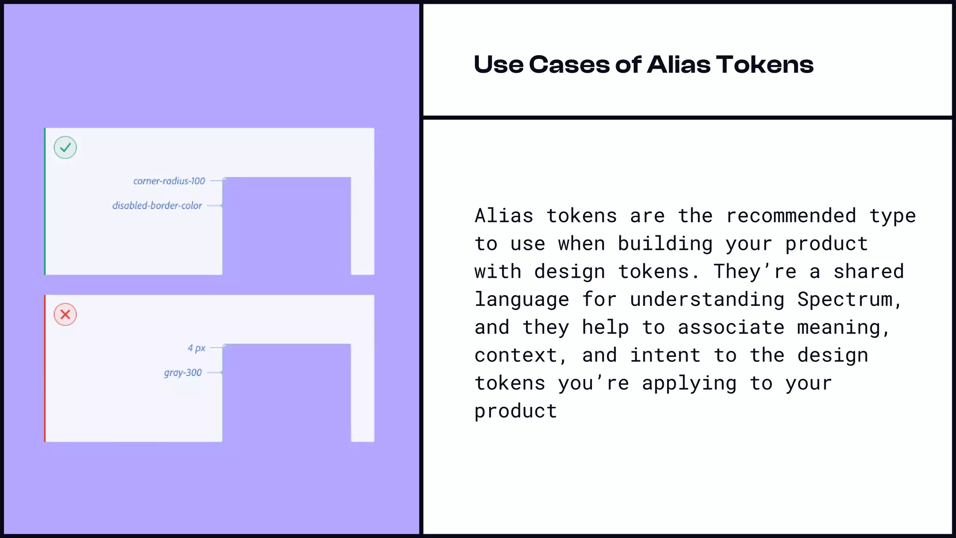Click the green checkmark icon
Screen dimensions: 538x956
click(x=65, y=148)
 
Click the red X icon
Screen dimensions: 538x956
click(x=65, y=314)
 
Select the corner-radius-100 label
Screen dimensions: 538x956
click(x=169, y=181)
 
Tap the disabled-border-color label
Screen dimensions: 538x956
click(x=157, y=205)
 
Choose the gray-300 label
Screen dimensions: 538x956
click(x=183, y=373)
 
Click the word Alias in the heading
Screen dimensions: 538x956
click(x=678, y=64)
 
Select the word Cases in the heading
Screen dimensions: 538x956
click(x=569, y=64)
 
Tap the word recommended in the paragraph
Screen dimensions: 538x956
click(x=791, y=216)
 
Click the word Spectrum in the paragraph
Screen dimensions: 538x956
click(x=845, y=299)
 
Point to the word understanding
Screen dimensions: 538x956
click(x=708, y=299)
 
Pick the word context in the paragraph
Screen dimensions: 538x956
click(x=516, y=355)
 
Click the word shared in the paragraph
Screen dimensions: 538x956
click(x=869, y=271)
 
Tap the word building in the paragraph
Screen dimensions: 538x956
click(x=666, y=244)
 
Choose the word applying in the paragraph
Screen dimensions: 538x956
click(x=689, y=383)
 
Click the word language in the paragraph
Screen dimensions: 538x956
click(x=522, y=299)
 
